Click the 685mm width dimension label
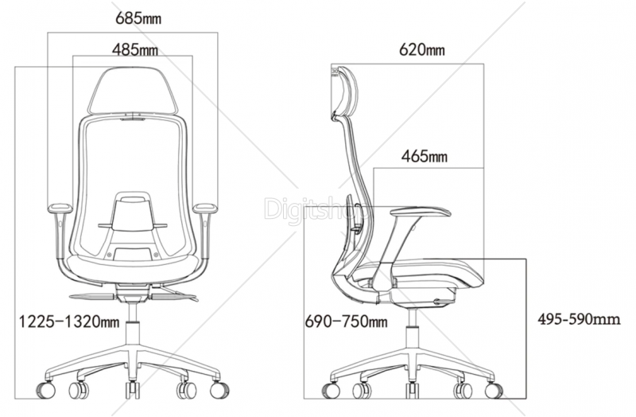(x=138, y=18)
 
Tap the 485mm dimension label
(x=135, y=50)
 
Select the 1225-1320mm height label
(x=69, y=322)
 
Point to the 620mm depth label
(x=422, y=49)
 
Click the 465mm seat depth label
(x=425, y=156)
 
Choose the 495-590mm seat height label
(x=579, y=319)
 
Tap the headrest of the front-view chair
(x=134, y=91)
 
